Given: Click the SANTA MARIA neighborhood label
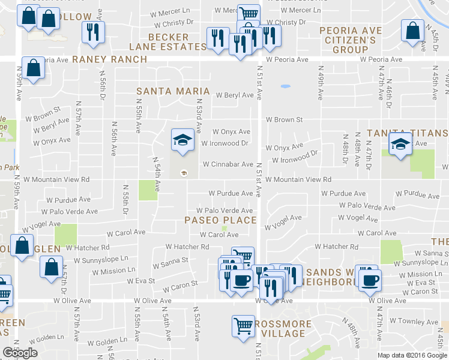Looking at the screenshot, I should [x=173, y=91].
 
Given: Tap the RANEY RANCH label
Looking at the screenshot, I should [x=109, y=59].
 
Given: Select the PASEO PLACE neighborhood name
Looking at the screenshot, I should [x=220, y=220].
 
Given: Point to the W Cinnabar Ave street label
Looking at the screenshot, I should [x=228, y=164].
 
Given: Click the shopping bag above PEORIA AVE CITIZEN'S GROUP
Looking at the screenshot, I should [x=412, y=32].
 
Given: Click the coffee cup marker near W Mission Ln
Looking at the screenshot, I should [x=368, y=278].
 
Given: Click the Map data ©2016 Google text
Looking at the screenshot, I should [x=412, y=355].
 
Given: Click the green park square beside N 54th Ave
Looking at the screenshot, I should [x=148, y=190].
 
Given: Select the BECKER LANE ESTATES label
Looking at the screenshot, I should [x=169, y=42].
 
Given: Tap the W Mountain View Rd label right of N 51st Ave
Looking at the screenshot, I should [x=298, y=179].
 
